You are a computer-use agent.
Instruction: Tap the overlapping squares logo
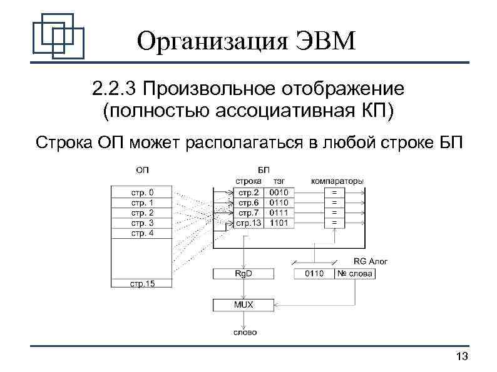(x=58, y=34)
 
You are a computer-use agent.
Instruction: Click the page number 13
(x=463, y=356)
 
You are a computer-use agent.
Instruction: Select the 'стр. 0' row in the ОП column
(x=142, y=193)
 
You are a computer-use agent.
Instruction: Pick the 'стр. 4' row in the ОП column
(x=142, y=233)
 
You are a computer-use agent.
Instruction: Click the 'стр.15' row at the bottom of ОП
(x=142, y=283)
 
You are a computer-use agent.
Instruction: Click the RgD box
(x=243, y=273)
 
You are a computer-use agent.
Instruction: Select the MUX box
(x=243, y=305)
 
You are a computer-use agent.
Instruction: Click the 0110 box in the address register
(x=314, y=273)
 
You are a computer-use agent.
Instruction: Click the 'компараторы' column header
(x=337, y=181)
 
